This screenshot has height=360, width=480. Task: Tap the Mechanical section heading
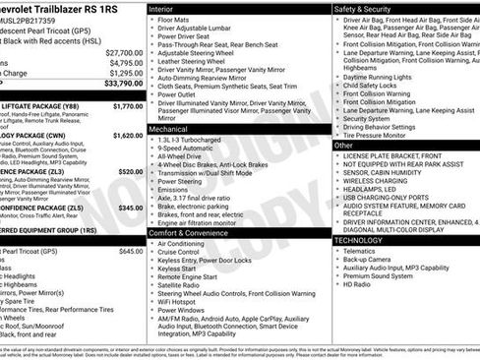click(x=168, y=129)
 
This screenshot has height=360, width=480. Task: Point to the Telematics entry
click(x=360, y=251)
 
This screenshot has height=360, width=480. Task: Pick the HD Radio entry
click(x=357, y=283)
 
